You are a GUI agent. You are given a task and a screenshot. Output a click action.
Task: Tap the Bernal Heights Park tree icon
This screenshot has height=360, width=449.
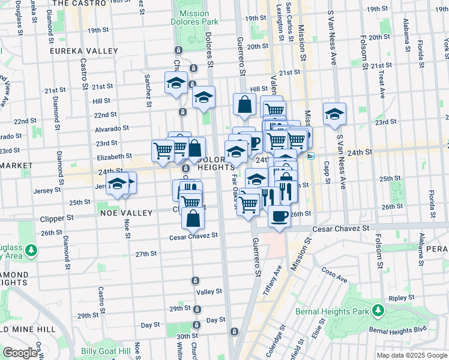[x=378, y=310]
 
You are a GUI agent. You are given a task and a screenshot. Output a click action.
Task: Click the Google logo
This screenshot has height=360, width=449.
[x=20, y=353]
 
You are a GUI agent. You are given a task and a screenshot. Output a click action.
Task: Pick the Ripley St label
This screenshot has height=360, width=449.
[x=398, y=298]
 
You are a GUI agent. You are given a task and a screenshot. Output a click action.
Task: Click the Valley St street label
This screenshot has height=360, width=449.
[x=209, y=292]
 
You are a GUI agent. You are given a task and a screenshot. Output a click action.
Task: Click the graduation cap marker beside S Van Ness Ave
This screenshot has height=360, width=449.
[x=334, y=113]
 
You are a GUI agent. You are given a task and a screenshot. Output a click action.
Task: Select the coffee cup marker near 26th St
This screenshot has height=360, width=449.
[x=279, y=215]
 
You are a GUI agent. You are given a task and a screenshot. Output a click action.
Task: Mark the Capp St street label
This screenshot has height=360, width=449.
[x=325, y=173]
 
